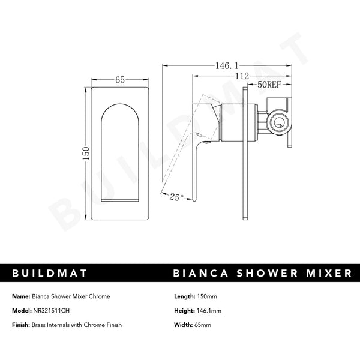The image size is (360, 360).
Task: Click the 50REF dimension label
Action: coord(269,85)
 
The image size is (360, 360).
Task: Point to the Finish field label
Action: coord(21,325)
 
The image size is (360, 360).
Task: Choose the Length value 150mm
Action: coord(207,296)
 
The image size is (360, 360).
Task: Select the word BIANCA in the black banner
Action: coord(200,273)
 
